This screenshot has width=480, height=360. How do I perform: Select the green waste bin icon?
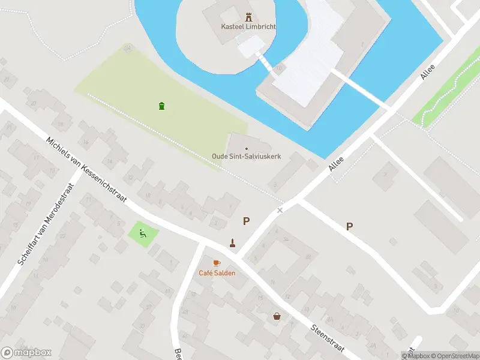(x=161, y=106)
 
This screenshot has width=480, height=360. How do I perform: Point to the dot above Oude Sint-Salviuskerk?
(x=246, y=148)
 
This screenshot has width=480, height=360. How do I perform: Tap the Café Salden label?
(x=217, y=273)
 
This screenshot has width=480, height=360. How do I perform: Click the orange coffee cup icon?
(x=217, y=263)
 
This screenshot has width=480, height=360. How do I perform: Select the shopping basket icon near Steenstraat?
(x=277, y=316)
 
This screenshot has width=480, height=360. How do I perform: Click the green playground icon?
(x=143, y=233)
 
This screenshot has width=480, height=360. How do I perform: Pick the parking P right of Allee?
(x=349, y=226)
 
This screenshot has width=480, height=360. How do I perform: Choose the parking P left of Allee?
(x=246, y=221)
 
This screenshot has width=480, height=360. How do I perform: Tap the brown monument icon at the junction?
(x=232, y=243)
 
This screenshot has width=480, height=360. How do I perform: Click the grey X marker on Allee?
(x=279, y=211)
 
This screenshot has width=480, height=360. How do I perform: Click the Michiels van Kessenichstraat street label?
(x=86, y=169)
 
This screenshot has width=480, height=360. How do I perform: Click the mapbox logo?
(x=26, y=353)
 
